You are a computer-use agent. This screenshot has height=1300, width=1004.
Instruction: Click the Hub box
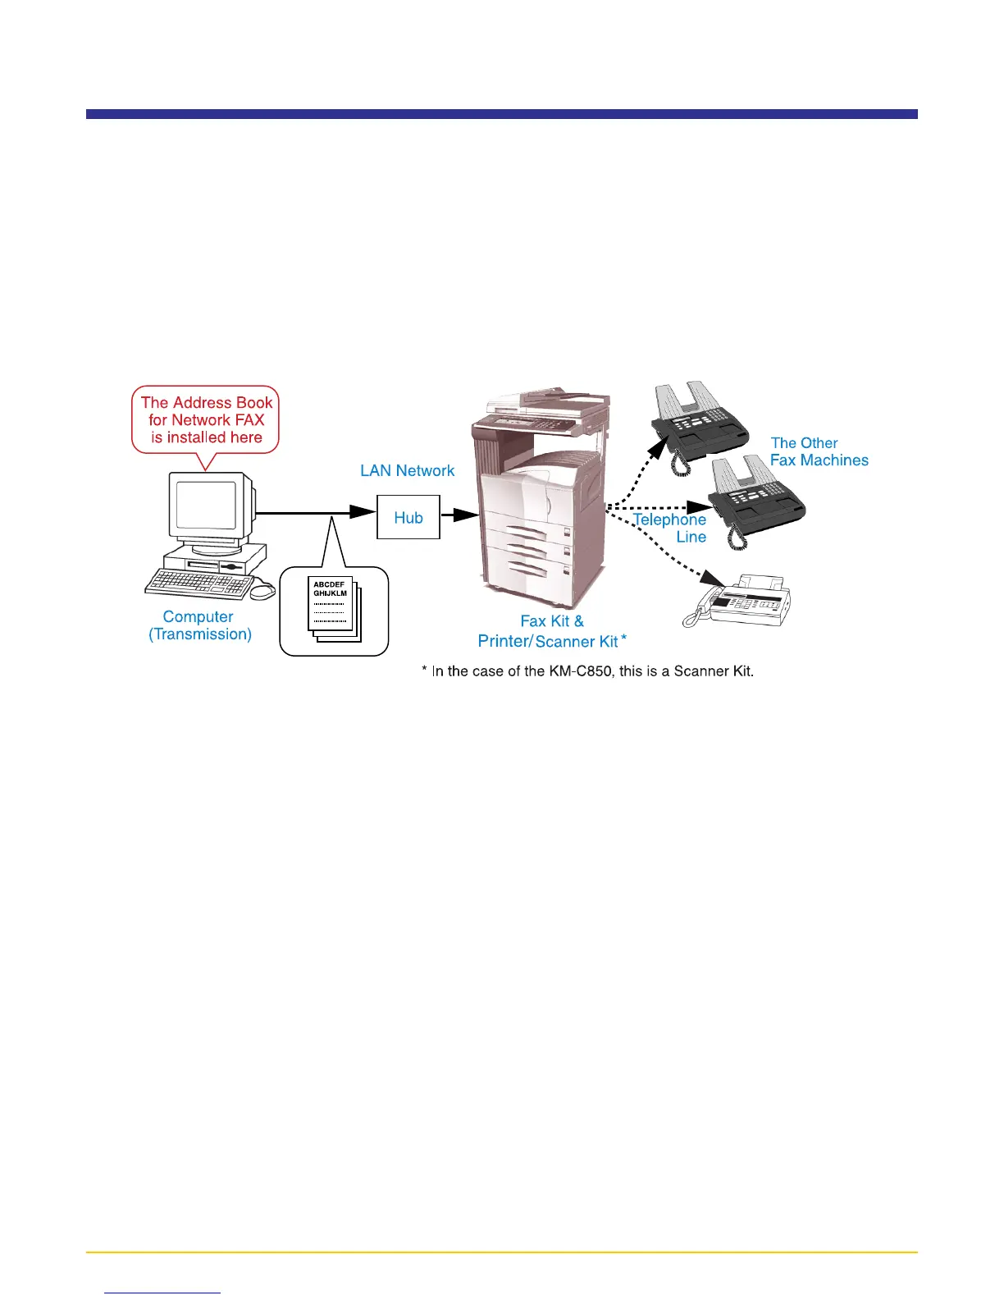pyautogui.click(x=408, y=517)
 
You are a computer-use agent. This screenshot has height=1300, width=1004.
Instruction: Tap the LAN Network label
pyautogui.click(x=407, y=471)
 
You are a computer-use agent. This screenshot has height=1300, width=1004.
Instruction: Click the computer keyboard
pyautogui.click(x=199, y=584)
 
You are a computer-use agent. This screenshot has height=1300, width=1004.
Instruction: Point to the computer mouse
pyautogui.click(x=262, y=591)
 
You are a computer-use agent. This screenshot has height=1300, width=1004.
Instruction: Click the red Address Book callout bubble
pyautogui.click(x=206, y=420)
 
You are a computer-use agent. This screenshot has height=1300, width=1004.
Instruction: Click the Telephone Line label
pyautogui.click(x=670, y=528)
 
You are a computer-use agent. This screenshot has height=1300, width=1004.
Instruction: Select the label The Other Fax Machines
pyautogui.click(x=819, y=452)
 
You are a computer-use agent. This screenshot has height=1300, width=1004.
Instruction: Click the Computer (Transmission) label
pyautogui.click(x=199, y=625)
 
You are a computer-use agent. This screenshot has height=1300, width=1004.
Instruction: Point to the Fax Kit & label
pyautogui.click(x=552, y=621)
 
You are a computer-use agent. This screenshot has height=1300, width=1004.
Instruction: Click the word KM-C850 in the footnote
pyautogui.click(x=580, y=671)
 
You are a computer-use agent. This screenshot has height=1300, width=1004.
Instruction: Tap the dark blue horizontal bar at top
pyautogui.click(x=501, y=114)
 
